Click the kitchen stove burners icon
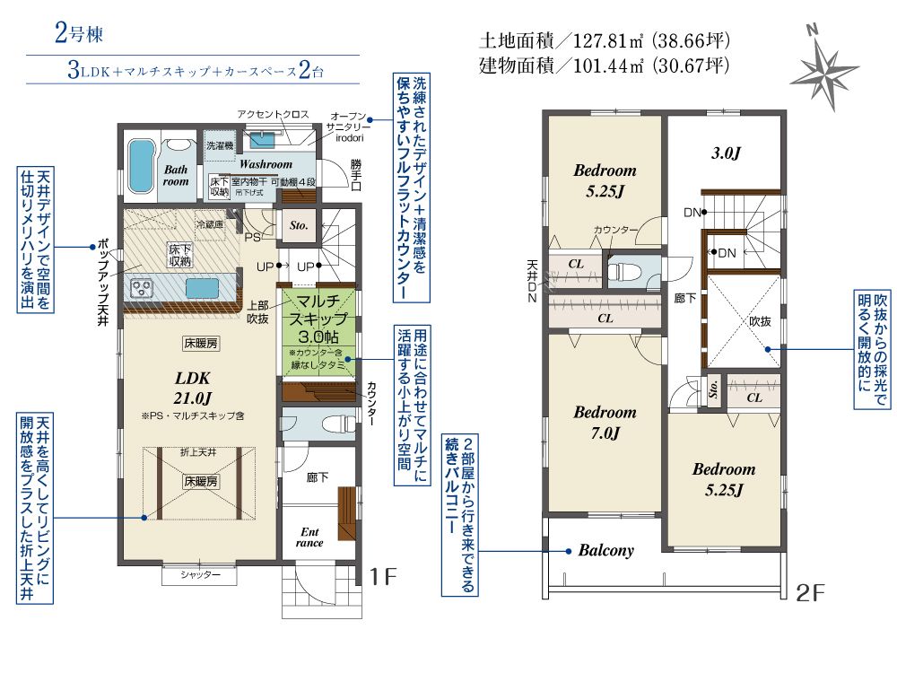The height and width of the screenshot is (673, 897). click(x=144, y=288)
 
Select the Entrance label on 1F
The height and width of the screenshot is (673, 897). click(x=309, y=538)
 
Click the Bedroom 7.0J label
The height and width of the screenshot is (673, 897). click(x=605, y=423)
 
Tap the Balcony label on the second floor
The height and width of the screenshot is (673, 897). click(x=605, y=551)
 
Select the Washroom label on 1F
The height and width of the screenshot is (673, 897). click(x=265, y=165)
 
